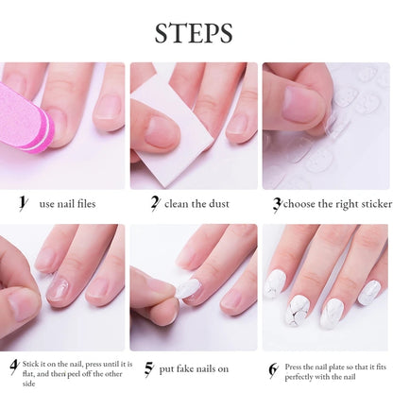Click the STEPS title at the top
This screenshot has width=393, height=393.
(195, 34)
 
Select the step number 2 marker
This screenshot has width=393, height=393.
(154, 202)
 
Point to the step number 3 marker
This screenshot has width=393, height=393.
(277, 202)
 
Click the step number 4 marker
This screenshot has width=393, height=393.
(14, 366)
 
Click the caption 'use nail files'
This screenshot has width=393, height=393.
(67, 203)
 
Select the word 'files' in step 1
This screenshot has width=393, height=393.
(84, 203)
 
